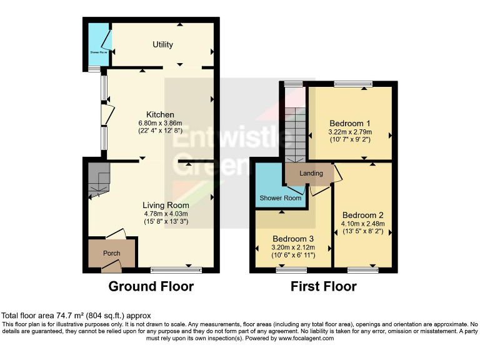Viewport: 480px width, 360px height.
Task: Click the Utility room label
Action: coord(162,44)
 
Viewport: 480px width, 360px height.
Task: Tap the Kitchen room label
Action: coord(160,114)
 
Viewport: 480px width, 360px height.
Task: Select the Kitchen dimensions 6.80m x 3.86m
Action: coord(160,123)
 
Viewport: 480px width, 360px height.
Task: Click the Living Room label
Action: coord(166,205)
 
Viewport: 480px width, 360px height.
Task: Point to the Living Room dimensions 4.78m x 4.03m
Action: coord(166,214)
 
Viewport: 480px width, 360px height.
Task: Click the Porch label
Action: coord(112,253)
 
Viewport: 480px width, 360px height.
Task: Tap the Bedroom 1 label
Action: coord(350,123)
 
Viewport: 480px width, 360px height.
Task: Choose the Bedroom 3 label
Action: coord(292,239)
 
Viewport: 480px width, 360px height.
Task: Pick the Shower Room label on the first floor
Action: coord(281,198)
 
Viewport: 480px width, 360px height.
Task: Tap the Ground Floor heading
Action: coord(151,287)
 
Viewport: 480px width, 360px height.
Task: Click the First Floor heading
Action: coord(324,287)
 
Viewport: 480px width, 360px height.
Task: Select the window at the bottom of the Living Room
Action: coord(176,270)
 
